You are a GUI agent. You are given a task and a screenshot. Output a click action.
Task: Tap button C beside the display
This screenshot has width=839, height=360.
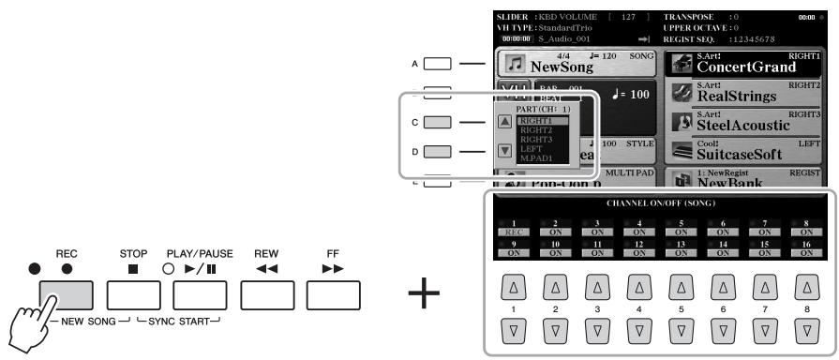point(437,121)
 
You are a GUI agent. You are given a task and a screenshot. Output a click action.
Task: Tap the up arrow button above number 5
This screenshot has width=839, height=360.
point(681,284)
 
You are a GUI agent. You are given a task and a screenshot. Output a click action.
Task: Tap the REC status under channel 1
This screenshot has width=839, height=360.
point(512,229)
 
